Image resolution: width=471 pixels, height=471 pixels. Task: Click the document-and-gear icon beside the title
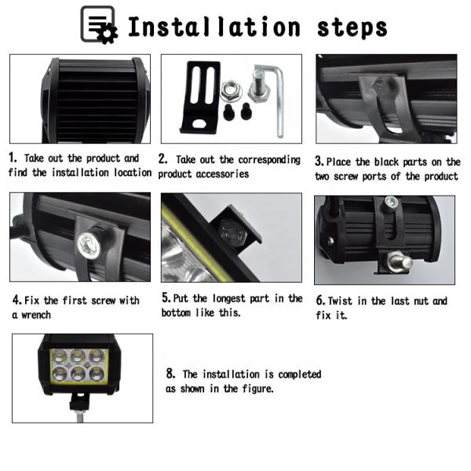[x=99, y=25]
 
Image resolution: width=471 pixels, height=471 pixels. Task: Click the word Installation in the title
[x=214, y=27]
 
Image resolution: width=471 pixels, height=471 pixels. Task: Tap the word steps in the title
[x=352, y=28]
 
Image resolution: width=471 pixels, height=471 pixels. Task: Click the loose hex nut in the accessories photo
[x=231, y=91]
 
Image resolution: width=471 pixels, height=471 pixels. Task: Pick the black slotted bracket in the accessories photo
[x=200, y=97]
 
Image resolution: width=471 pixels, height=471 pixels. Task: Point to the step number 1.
[x=12, y=158]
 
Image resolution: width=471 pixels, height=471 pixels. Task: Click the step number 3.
[x=319, y=161]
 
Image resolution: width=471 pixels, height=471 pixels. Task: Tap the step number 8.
[x=170, y=374]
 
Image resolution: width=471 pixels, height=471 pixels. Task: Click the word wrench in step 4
[x=36, y=315]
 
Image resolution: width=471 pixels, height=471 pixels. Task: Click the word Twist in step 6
[x=340, y=301]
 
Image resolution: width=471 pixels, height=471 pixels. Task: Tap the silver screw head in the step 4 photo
[x=89, y=246]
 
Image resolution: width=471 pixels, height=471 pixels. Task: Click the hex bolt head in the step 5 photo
[x=232, y=234]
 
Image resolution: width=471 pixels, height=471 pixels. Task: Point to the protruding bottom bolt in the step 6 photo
[x=400, y=261]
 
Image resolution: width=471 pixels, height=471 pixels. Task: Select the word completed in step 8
[x=300, y=374]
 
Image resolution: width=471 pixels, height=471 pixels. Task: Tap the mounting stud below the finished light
[x=79, y=416]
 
